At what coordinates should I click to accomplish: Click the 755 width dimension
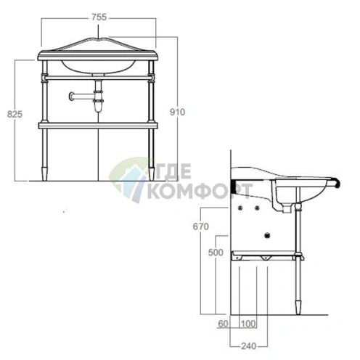(99, 17)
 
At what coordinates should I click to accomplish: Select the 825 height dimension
(15, 114)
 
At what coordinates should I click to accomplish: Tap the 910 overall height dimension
(177, 112)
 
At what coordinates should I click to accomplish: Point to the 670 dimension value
(201, 226)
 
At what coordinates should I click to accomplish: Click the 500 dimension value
(216, 253)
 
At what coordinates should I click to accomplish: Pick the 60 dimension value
(223, 324)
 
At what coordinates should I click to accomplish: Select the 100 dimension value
(248, 324)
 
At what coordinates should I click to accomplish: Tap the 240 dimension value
(248, 346)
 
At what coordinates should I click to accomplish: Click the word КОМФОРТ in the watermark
(200, 191)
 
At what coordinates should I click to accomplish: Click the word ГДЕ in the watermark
(171, 171)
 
